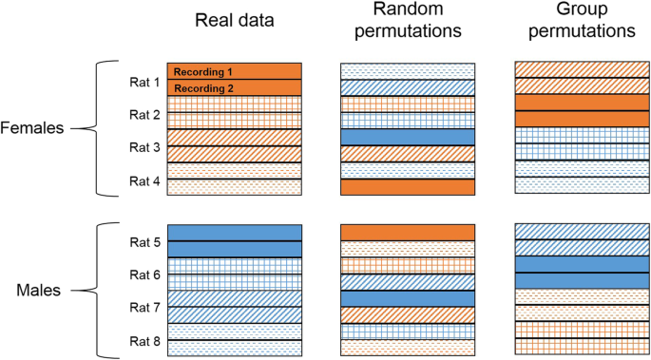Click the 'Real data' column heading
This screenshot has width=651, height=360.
coord(234,22)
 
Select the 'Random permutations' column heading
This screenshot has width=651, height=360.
coord(407,22)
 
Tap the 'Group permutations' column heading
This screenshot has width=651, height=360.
coord(581,22)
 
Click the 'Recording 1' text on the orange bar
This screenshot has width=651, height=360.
coord(202,71)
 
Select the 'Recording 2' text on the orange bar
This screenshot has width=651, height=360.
coord(202,88)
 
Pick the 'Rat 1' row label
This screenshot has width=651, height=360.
coord(144,82)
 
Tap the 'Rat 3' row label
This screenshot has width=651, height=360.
coord(144,146)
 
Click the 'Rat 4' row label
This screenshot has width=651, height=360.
coord(144,180)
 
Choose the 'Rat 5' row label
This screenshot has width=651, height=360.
coord(144,242)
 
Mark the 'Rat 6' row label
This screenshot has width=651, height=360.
coord(144,275)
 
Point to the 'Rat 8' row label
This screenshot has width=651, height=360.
coord(144,340)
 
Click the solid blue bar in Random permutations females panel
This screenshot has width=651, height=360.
coord(407,137)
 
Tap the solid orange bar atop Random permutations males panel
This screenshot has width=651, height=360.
coord(407,233)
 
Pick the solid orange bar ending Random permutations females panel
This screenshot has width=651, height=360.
coord(407,186)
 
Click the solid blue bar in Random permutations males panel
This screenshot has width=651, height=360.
coord(407,298)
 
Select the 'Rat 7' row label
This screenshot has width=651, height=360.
coord(144,308)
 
